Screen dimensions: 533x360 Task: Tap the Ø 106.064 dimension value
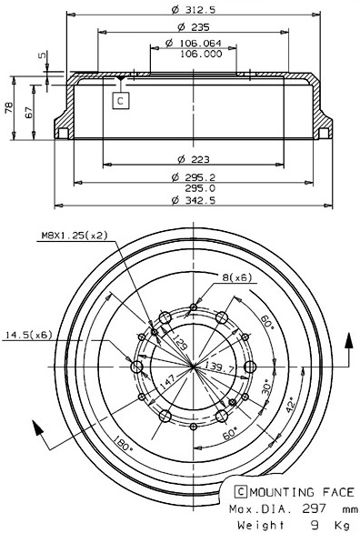pos(193,43)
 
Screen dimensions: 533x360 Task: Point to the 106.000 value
pos(201,54)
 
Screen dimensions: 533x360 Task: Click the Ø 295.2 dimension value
pos(193,176)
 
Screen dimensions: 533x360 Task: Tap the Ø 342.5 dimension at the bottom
pos(193,201)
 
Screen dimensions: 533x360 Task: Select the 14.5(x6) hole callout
pos(29,337)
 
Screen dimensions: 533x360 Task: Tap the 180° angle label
pos(122,448)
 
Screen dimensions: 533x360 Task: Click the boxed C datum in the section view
pos(121,100)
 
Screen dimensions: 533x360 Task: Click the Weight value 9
pos(313,525)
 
